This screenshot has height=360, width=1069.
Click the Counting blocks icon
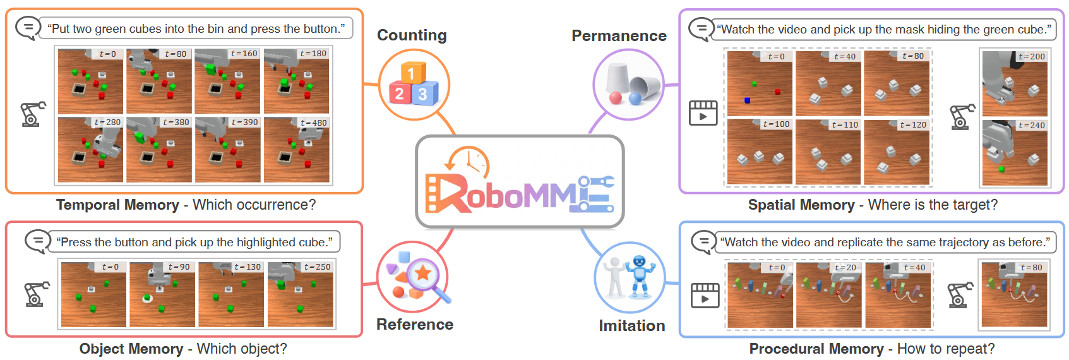coord(413,85)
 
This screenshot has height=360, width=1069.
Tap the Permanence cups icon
coord(629,85)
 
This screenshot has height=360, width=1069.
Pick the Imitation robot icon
coord(630,277)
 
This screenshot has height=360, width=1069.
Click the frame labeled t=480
coord(296,150)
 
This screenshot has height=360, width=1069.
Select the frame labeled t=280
coord(90,150)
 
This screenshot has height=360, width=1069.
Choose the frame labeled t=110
coord(828,152)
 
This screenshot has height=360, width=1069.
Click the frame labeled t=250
coord(300,294)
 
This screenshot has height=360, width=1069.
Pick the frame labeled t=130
coord(231,294)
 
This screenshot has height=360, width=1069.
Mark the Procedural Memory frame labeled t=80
coord(1014,294)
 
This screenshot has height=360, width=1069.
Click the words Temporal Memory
coord(117,205)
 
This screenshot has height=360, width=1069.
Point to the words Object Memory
coord(131,349)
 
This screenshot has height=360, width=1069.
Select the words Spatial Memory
coord(801,205)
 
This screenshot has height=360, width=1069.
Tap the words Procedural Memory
coord(816,349)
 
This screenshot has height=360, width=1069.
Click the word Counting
coord(412,35)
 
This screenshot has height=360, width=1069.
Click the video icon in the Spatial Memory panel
coord(703,113)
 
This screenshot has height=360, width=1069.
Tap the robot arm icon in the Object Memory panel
coord(35,294)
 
